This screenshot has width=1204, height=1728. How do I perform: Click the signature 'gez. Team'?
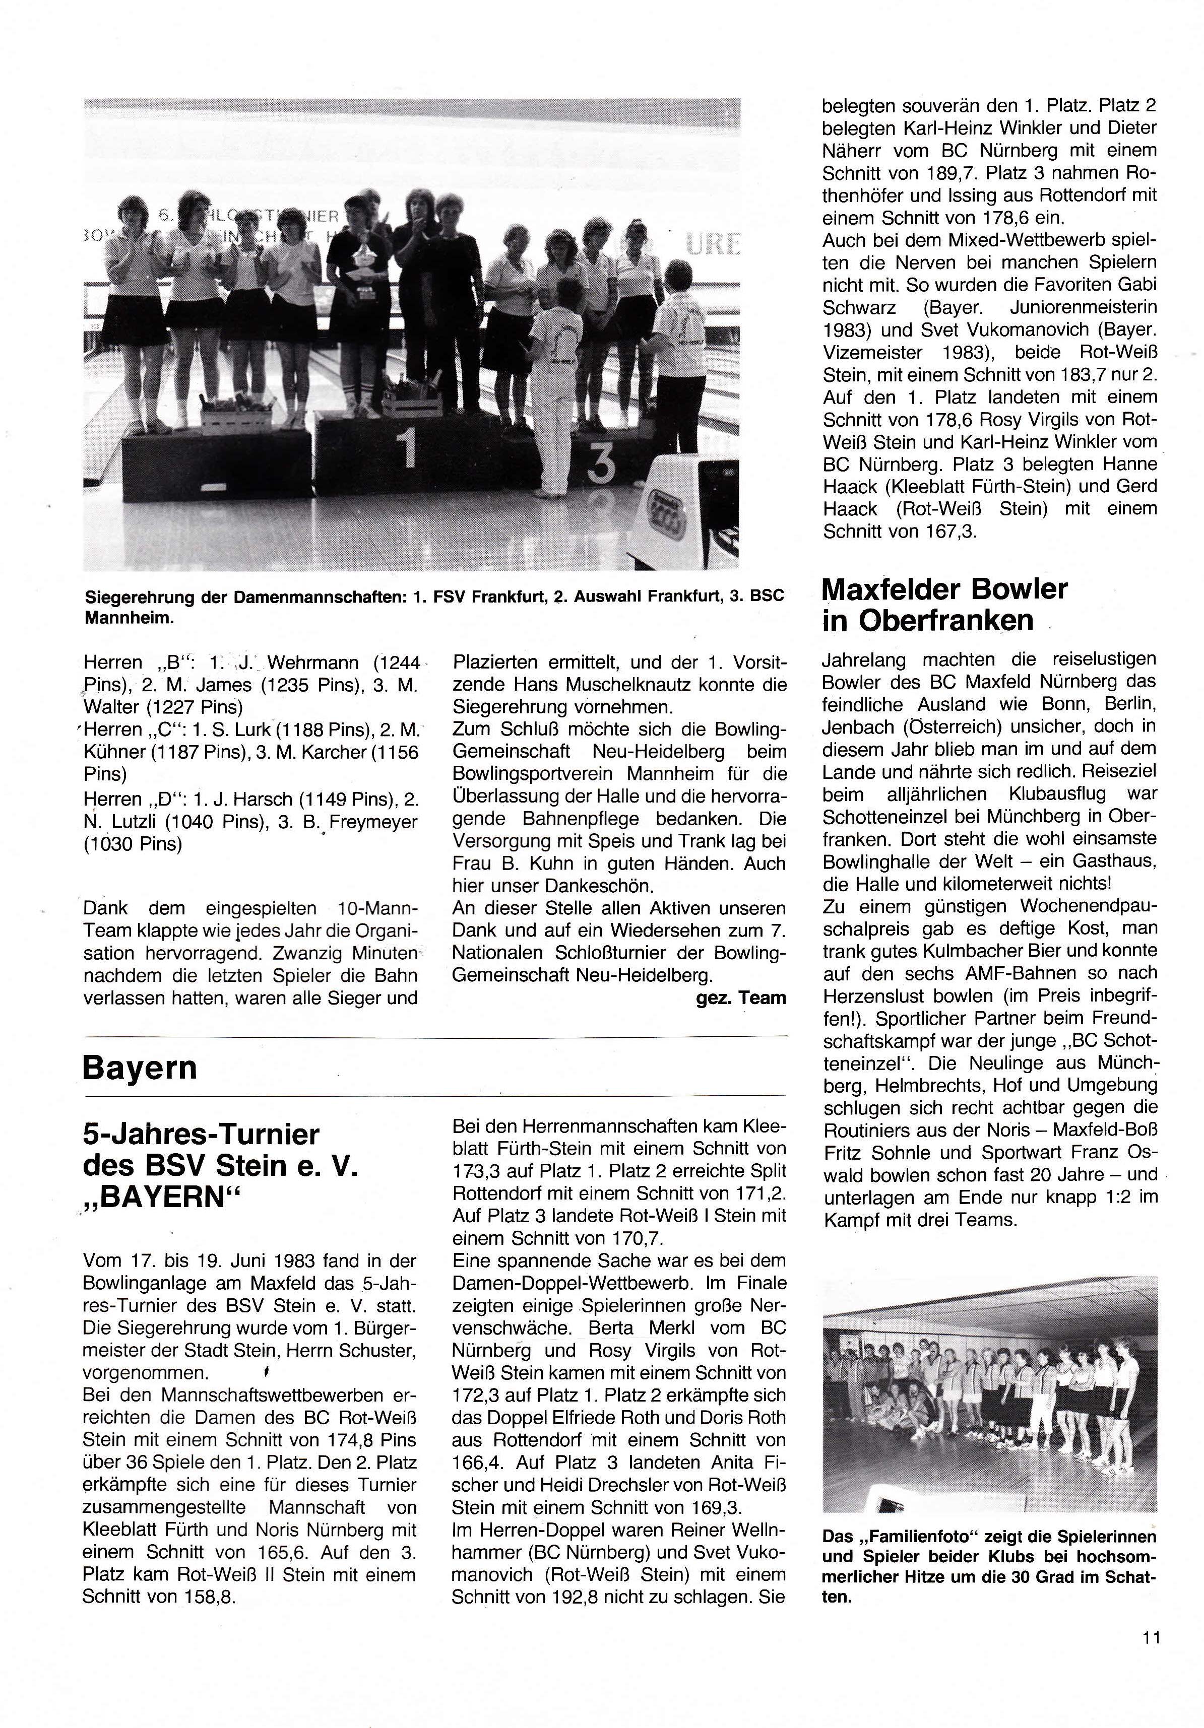coord(740,998)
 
